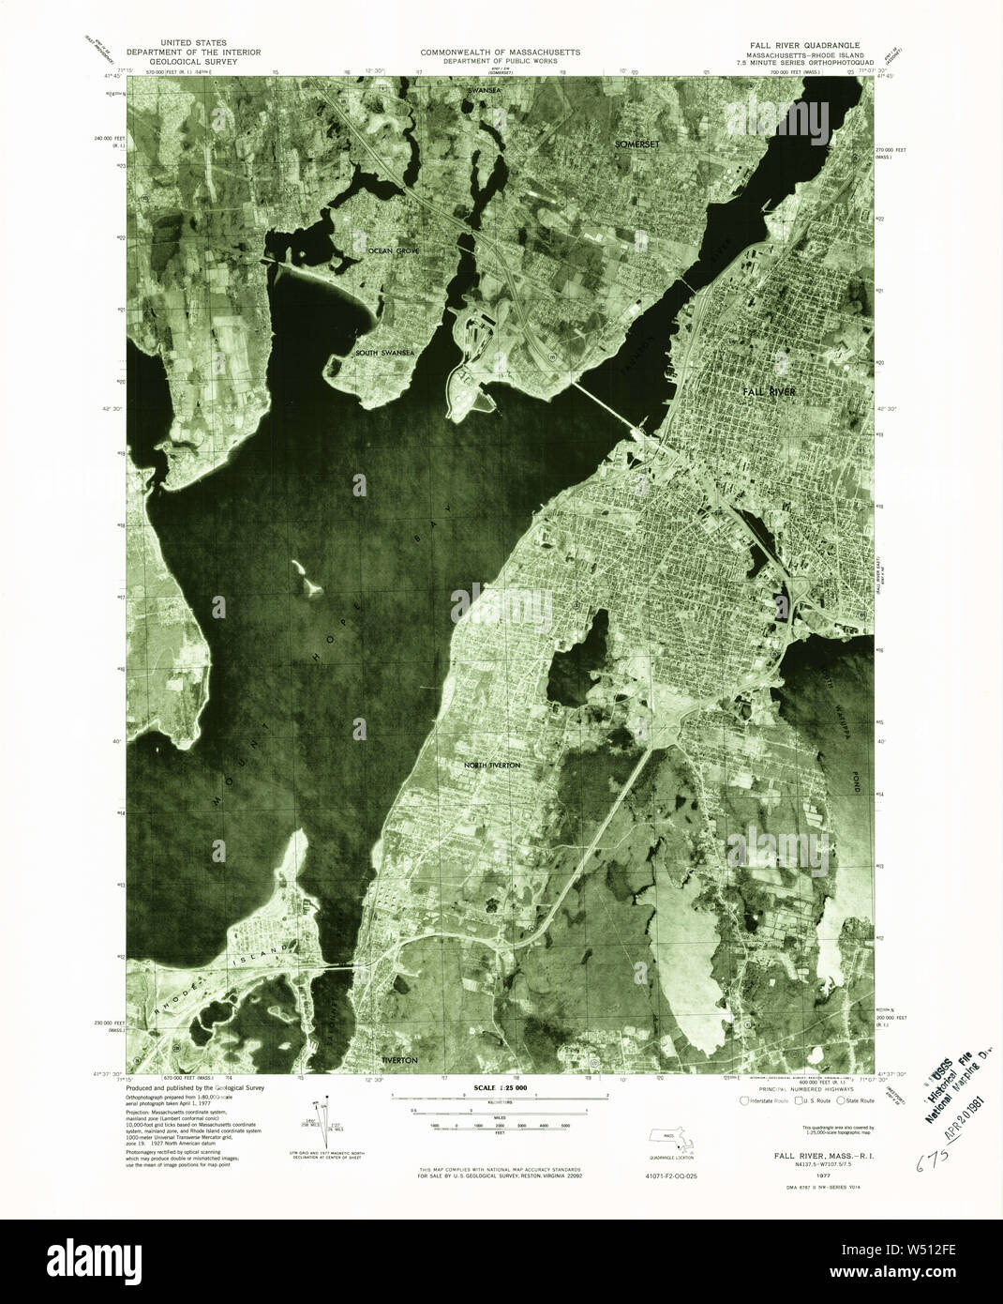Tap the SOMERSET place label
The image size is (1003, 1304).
pyautogui.click(x=639, y=144)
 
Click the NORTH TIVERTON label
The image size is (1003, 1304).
pyautogui.click(x=492, y=766)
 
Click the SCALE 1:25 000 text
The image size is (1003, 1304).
pyautogui.click(x=500, y=1087)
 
